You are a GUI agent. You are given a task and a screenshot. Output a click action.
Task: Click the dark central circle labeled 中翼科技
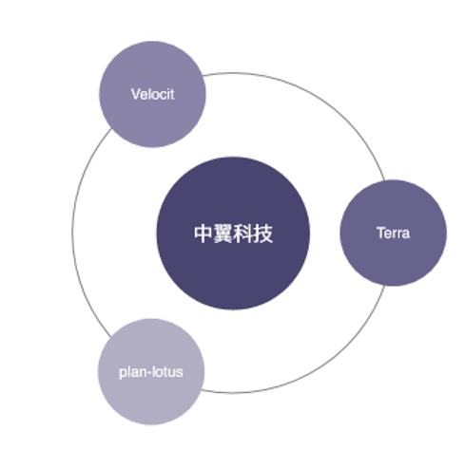click(233, 234)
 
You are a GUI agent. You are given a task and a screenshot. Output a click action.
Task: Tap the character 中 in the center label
click(203, 234)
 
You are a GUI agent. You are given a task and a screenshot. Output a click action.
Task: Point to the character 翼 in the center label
click(223, 234)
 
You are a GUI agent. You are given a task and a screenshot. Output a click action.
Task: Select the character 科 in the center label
click(242, 234)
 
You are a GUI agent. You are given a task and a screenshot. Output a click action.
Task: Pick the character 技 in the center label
click(262, 234)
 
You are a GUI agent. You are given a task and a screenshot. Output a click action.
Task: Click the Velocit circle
click(152, 94)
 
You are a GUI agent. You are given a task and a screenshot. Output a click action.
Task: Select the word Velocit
click(153, 94)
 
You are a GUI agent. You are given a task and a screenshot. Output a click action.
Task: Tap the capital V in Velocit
click(136, 94)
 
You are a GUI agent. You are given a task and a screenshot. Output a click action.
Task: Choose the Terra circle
click(394, 233)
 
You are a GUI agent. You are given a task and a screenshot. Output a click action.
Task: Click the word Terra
click(394, 234)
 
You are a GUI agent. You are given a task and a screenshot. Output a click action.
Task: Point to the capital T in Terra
click(381, 233)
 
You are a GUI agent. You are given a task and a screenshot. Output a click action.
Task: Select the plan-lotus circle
click(151, 372)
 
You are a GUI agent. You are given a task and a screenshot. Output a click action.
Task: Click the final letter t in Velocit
click(172, 94)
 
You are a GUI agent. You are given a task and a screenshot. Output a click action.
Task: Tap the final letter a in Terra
click(406, 234)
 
